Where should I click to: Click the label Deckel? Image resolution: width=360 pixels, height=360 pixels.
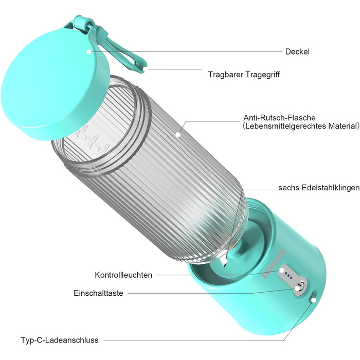(297, 51)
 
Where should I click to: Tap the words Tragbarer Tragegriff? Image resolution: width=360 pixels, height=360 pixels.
(244, 75)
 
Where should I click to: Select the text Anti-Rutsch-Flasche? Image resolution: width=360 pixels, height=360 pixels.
(279, 118)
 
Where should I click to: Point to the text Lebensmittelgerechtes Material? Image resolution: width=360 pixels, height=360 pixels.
(301, 126)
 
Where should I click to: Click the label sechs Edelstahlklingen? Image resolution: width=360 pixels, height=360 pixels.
(319, 188)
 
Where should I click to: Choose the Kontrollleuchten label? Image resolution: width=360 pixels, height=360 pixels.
(123, 275)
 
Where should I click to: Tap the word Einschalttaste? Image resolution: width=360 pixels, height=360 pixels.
(99, 293)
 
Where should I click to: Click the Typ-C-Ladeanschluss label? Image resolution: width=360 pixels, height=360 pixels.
(60, 340)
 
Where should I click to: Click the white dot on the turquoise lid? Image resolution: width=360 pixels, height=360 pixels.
(89, 52)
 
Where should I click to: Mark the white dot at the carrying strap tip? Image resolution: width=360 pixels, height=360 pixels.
(145, 69)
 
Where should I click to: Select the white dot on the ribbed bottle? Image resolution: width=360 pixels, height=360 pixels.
(178, 134)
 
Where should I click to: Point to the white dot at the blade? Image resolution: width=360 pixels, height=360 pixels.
(225, 261)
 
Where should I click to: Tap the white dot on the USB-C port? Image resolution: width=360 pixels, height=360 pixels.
(314, 300)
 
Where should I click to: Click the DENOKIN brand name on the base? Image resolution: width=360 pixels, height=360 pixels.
(274, 264)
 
